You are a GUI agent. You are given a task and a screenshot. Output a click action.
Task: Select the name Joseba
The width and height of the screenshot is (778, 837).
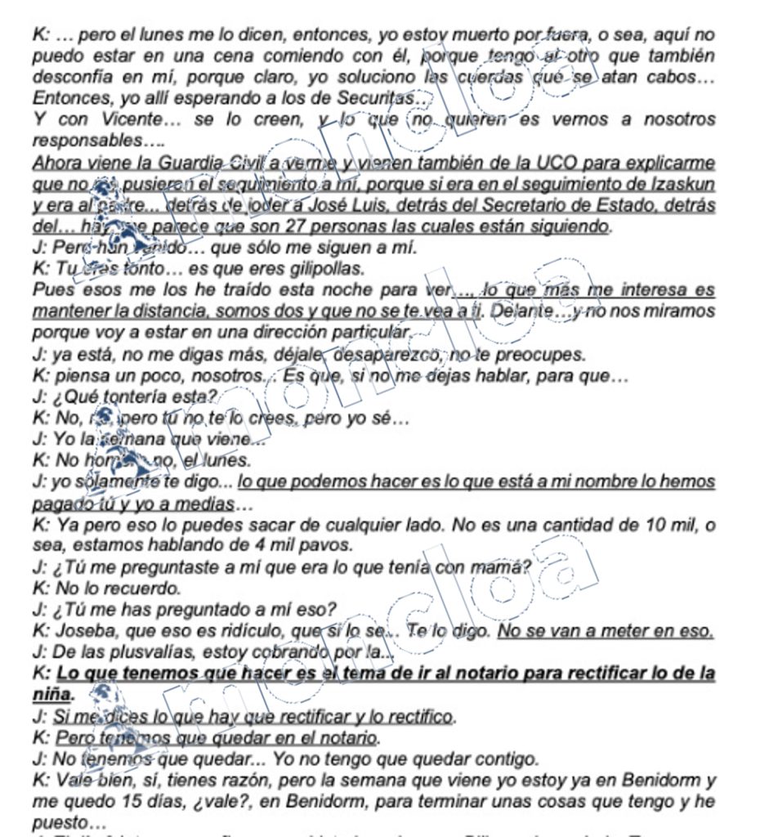(x=86, y=630)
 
